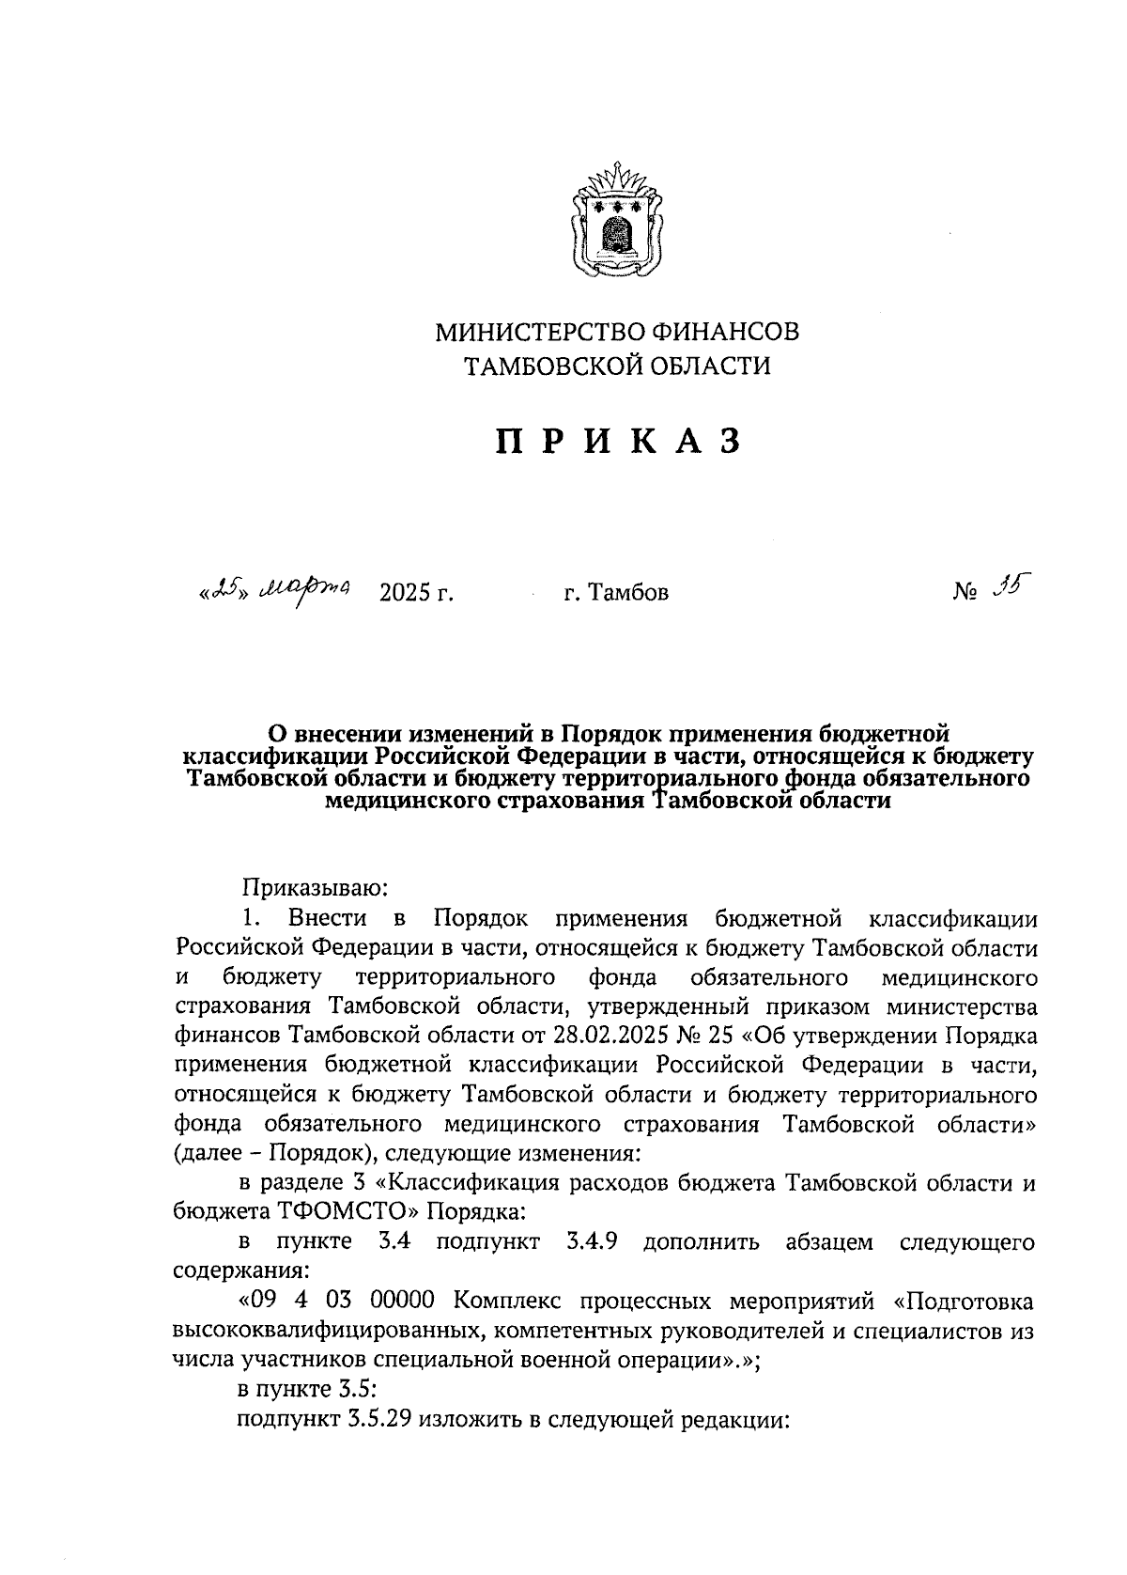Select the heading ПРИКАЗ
pos(618,442)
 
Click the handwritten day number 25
pos(223,589)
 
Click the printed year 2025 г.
pos(416,593)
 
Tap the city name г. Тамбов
pos(616,593)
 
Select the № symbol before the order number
pos(966,593)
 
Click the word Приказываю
pos(310,886)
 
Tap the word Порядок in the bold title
pos(616,732)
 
